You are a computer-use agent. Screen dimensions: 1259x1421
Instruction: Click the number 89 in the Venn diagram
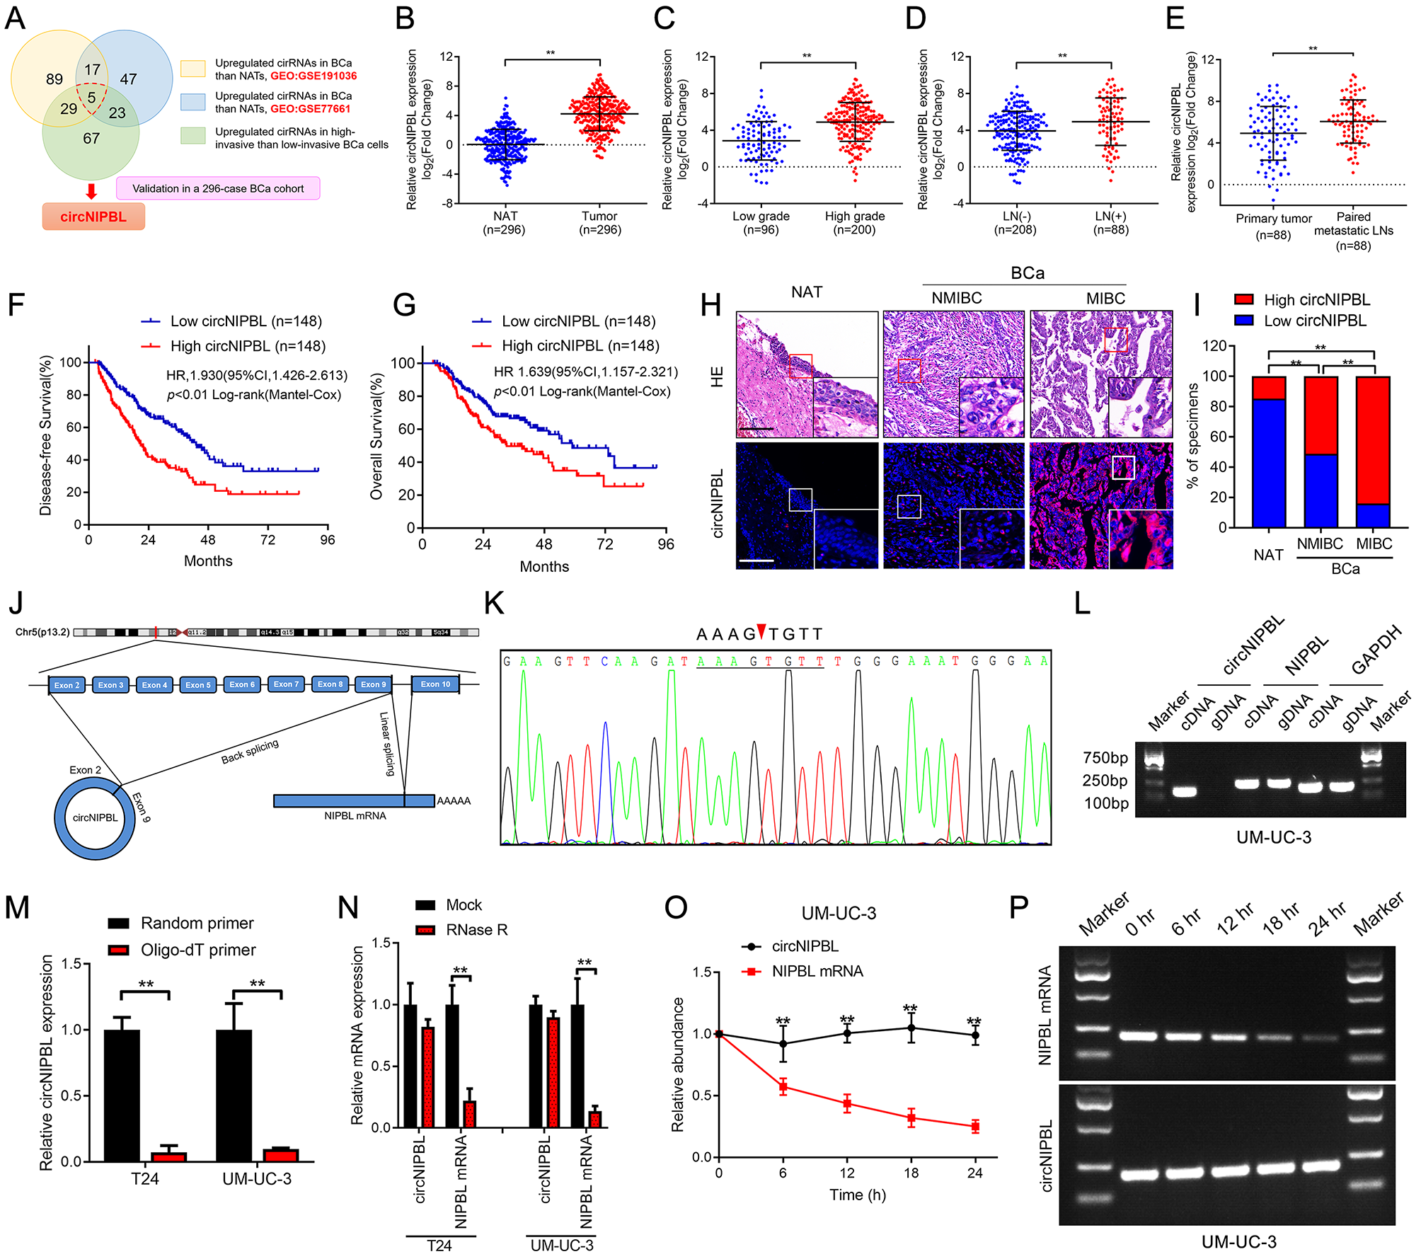(54, 79)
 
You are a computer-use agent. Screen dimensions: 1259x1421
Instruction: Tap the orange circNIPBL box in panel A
(93, 217)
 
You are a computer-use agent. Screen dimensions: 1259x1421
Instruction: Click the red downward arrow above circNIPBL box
(91, 191)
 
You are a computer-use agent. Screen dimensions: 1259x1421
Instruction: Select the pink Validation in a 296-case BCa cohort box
(218, 188)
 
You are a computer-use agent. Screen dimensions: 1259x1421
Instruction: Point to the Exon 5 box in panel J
(198, 685)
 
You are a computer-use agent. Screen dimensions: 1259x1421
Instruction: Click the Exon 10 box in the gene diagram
(435, 684)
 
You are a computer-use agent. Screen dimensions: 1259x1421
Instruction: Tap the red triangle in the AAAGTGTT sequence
(761, 630)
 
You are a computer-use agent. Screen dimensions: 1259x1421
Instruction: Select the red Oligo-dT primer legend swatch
(118, 950)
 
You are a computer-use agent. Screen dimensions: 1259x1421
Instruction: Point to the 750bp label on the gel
(1105, 758)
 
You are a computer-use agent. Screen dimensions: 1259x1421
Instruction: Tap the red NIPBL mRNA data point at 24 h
(975, 1127)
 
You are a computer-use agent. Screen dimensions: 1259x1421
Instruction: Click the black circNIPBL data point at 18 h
(911, 1028)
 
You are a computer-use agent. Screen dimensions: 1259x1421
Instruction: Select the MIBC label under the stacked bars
(1374, 544)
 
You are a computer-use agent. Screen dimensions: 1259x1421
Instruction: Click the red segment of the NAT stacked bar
(1269, 388)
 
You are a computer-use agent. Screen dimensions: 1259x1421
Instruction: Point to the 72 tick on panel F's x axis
(267, 540)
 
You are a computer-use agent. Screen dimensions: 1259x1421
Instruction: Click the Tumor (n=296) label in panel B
(600, 222)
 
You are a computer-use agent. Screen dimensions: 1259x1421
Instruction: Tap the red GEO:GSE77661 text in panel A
(310, 109)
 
